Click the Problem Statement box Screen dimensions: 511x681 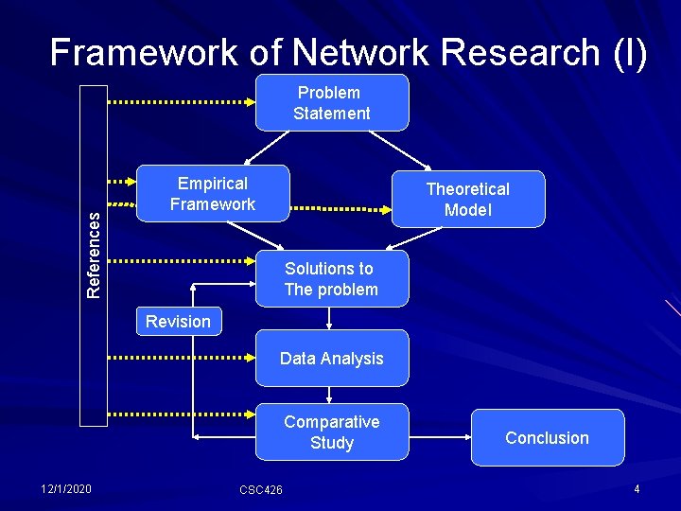click(x=331, y=102)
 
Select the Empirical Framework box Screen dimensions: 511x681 click(x=213, y=194)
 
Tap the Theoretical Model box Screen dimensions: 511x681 click(x=468, y=200)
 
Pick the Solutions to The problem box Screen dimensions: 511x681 click(x=331, y=279)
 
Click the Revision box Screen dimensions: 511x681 click(x=178, y=322)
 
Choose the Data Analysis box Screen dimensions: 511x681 click(x=331, y=359)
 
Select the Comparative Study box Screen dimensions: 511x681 click(x=331, y=432)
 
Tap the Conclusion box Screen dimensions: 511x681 click(x=547, y=438)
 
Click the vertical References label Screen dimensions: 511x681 click(x=94, y=255)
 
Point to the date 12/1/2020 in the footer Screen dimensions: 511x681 click(x=66, y=488)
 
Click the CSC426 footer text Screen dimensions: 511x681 click(x=261, y=489)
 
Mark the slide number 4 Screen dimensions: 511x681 click(x=637, y=488)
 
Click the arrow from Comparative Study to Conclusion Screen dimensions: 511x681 click(x=440, y=438)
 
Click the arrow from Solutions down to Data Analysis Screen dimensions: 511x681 click(x=329, y=319)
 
